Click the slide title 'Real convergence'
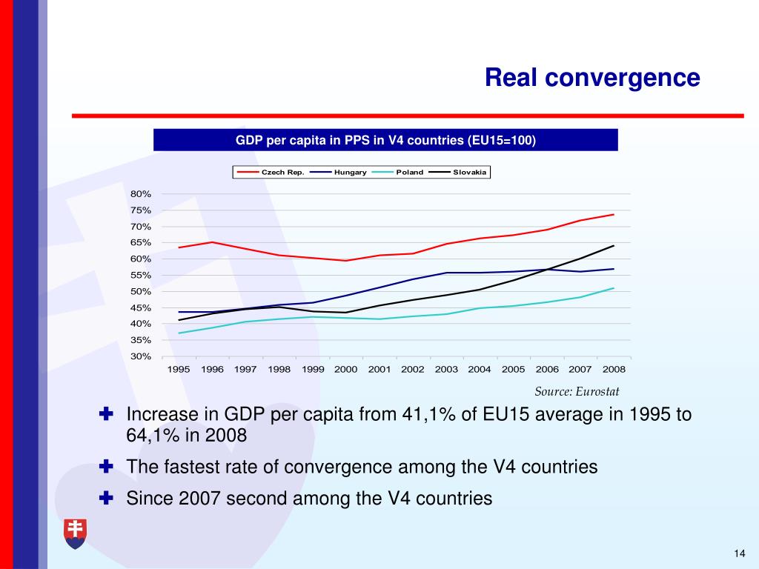tap(592, 78)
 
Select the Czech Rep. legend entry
tap(276, 172)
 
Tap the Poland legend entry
tap(409, 172)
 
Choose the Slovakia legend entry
tap(470, 172)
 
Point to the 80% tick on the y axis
tap(141, 194)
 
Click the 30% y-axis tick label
tap(141, 356)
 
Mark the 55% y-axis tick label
tap(141, 276)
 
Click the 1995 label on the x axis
tap(179, 369)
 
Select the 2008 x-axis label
tap(614, 369)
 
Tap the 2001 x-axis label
tap(379, 369)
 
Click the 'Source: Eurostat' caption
tap(577, 391)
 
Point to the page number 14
tap(738, 554)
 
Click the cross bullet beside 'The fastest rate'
tap(106, 467)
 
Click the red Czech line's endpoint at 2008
tap(614, 215)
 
